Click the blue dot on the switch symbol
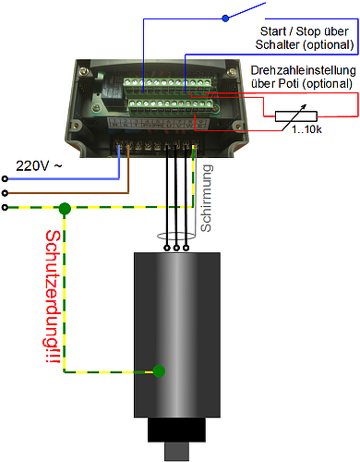(x=225, y=18)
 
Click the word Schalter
(x=277, y=44)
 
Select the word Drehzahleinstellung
(x=303, y=70)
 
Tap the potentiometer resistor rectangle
(x=295, y=116)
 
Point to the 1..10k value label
(x=306, y=129)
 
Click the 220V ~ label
(x=39, y=166)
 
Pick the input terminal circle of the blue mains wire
(x=5, y=178)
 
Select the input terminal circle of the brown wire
(x=5, y=193)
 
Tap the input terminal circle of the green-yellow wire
(x=5, y=208)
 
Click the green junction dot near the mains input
(x=65, y=209)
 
